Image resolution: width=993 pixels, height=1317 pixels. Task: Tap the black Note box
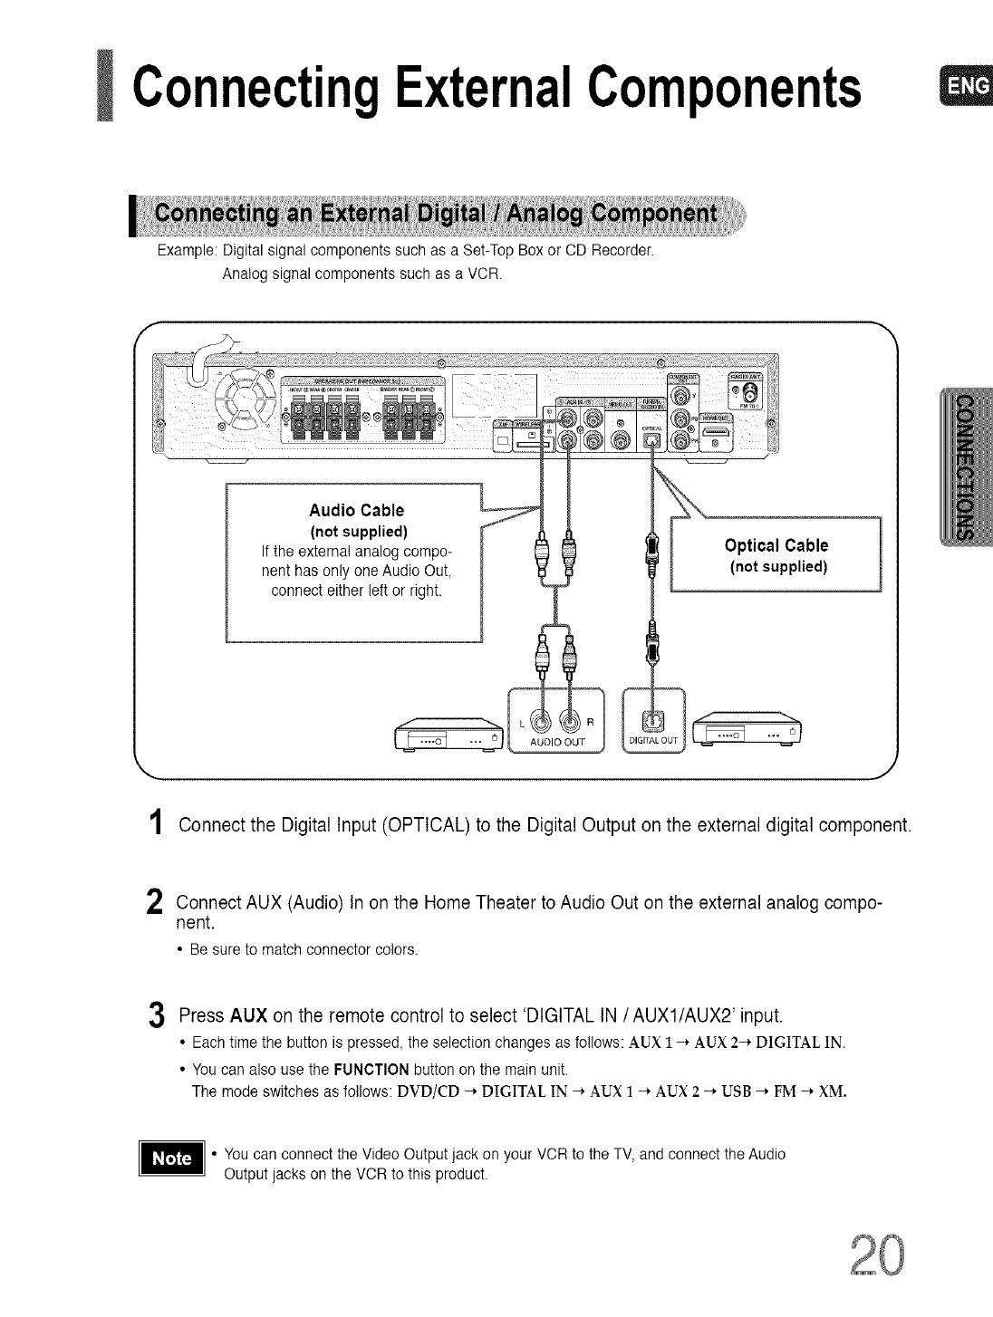172,1158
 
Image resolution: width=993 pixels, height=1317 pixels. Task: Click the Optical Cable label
776,545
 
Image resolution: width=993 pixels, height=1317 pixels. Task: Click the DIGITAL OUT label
653,745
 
